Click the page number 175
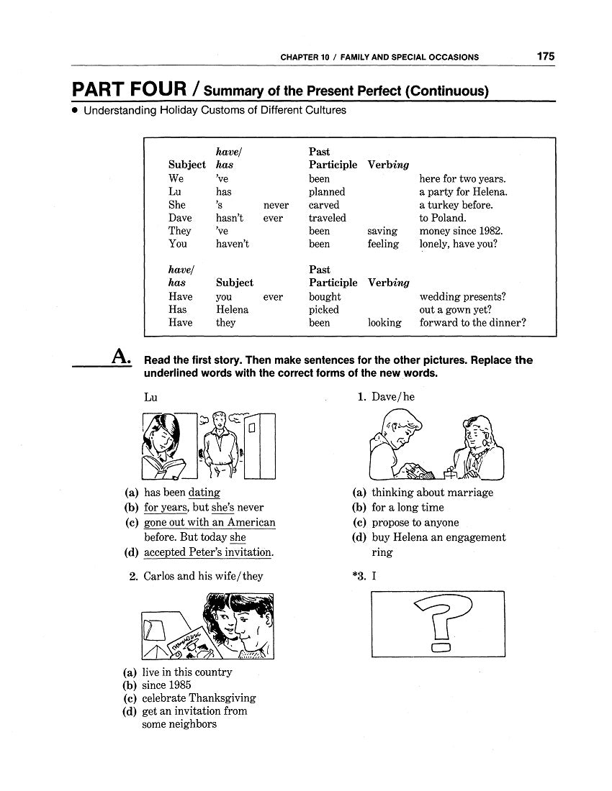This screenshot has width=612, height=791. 544,57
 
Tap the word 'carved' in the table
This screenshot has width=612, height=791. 324,205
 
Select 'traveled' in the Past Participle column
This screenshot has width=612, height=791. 328,218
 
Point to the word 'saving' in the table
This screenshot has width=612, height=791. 382,231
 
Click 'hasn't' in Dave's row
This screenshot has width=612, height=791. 230,218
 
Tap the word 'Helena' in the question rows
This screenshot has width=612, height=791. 232,309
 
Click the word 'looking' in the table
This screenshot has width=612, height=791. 384,323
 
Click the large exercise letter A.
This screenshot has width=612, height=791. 120,357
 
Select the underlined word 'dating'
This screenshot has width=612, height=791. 204,493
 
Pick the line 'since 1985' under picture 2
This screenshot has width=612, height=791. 166,685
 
